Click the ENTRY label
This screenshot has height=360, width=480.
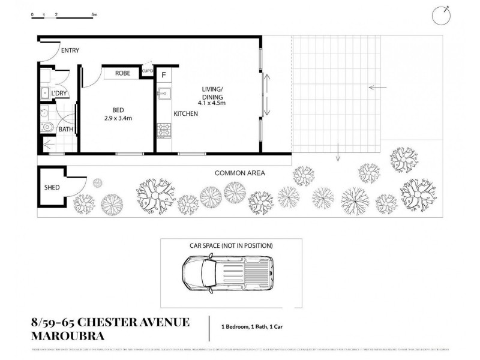pos(69,50)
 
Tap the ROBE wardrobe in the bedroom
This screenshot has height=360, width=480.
pos(122,73)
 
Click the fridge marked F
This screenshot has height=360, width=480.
pos(164,76)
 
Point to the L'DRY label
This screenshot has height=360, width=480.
pos(59,94)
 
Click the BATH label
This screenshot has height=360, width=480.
pos(66,129)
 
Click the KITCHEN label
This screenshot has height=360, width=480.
pos(186,113)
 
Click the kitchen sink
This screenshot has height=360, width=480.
pos(163,93)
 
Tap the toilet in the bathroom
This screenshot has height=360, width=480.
pos(48,127)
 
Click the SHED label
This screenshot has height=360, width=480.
pos(52,188)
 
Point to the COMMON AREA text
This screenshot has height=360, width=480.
pos(240,173)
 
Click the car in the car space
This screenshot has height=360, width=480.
pos(228,273)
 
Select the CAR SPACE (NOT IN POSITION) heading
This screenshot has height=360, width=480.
pos(231,245)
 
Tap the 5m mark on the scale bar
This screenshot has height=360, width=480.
pos(94,13)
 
